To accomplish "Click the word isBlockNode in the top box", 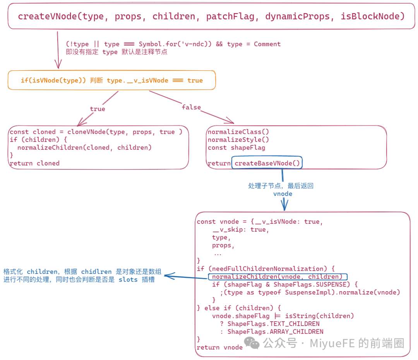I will click(372, 16).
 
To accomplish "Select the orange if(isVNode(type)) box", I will click(111, 80).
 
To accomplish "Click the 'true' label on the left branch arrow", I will click(98, 109).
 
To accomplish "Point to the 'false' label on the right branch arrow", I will click(191, 107).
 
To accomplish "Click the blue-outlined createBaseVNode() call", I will click(267, 163).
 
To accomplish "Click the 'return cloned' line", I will click(34, 163).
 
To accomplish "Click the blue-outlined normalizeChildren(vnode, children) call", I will click(277, 277).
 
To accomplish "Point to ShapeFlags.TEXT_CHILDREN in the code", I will click(273, 324).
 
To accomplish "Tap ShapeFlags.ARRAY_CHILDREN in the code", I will click(275, 332).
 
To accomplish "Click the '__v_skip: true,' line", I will click(240, 230).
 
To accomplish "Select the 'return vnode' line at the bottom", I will click(219, 347).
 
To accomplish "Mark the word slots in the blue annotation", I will click(128, 280).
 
